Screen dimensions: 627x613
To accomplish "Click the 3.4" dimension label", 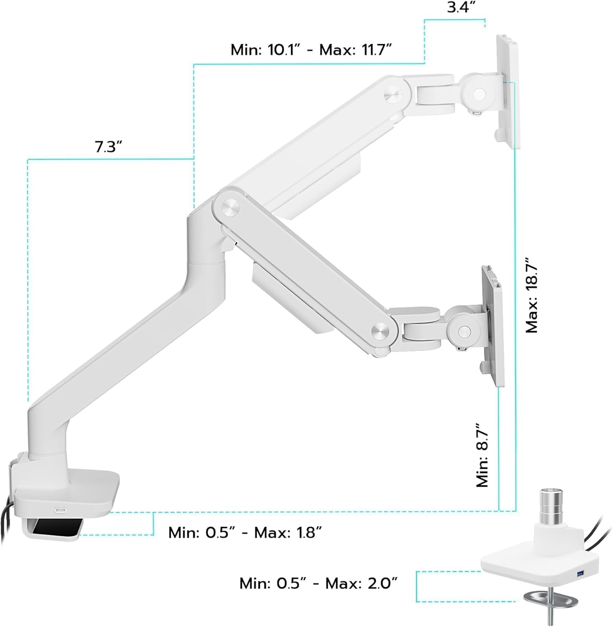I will (460, 8).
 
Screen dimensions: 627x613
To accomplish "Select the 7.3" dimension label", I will (108, 147).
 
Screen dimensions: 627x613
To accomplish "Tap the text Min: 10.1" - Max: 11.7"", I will (311, 50).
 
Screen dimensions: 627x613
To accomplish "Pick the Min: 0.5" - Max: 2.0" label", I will (318, 583).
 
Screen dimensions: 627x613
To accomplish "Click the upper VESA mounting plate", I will (508, 92).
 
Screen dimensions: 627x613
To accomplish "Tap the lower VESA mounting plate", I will (493, 326).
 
